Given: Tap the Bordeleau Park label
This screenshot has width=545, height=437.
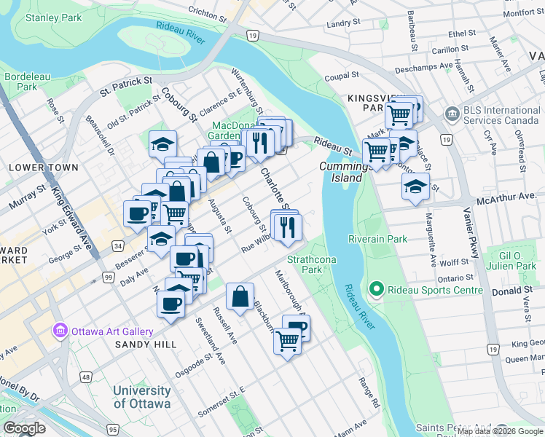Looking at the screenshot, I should coord(21,81).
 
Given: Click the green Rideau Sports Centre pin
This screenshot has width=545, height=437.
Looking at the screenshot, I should coord(377,290).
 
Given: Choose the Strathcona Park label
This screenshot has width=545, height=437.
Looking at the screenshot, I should coord(305,264).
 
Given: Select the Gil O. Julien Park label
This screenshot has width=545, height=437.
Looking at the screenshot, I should coord(507,261).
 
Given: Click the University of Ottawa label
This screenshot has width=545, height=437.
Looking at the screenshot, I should coord(142,397).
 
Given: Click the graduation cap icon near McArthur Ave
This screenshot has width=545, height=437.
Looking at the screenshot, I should coord(415,187).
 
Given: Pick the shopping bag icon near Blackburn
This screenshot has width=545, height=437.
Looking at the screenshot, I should coord(240,297).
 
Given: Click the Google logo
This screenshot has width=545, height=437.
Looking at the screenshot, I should coord(24,428).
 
